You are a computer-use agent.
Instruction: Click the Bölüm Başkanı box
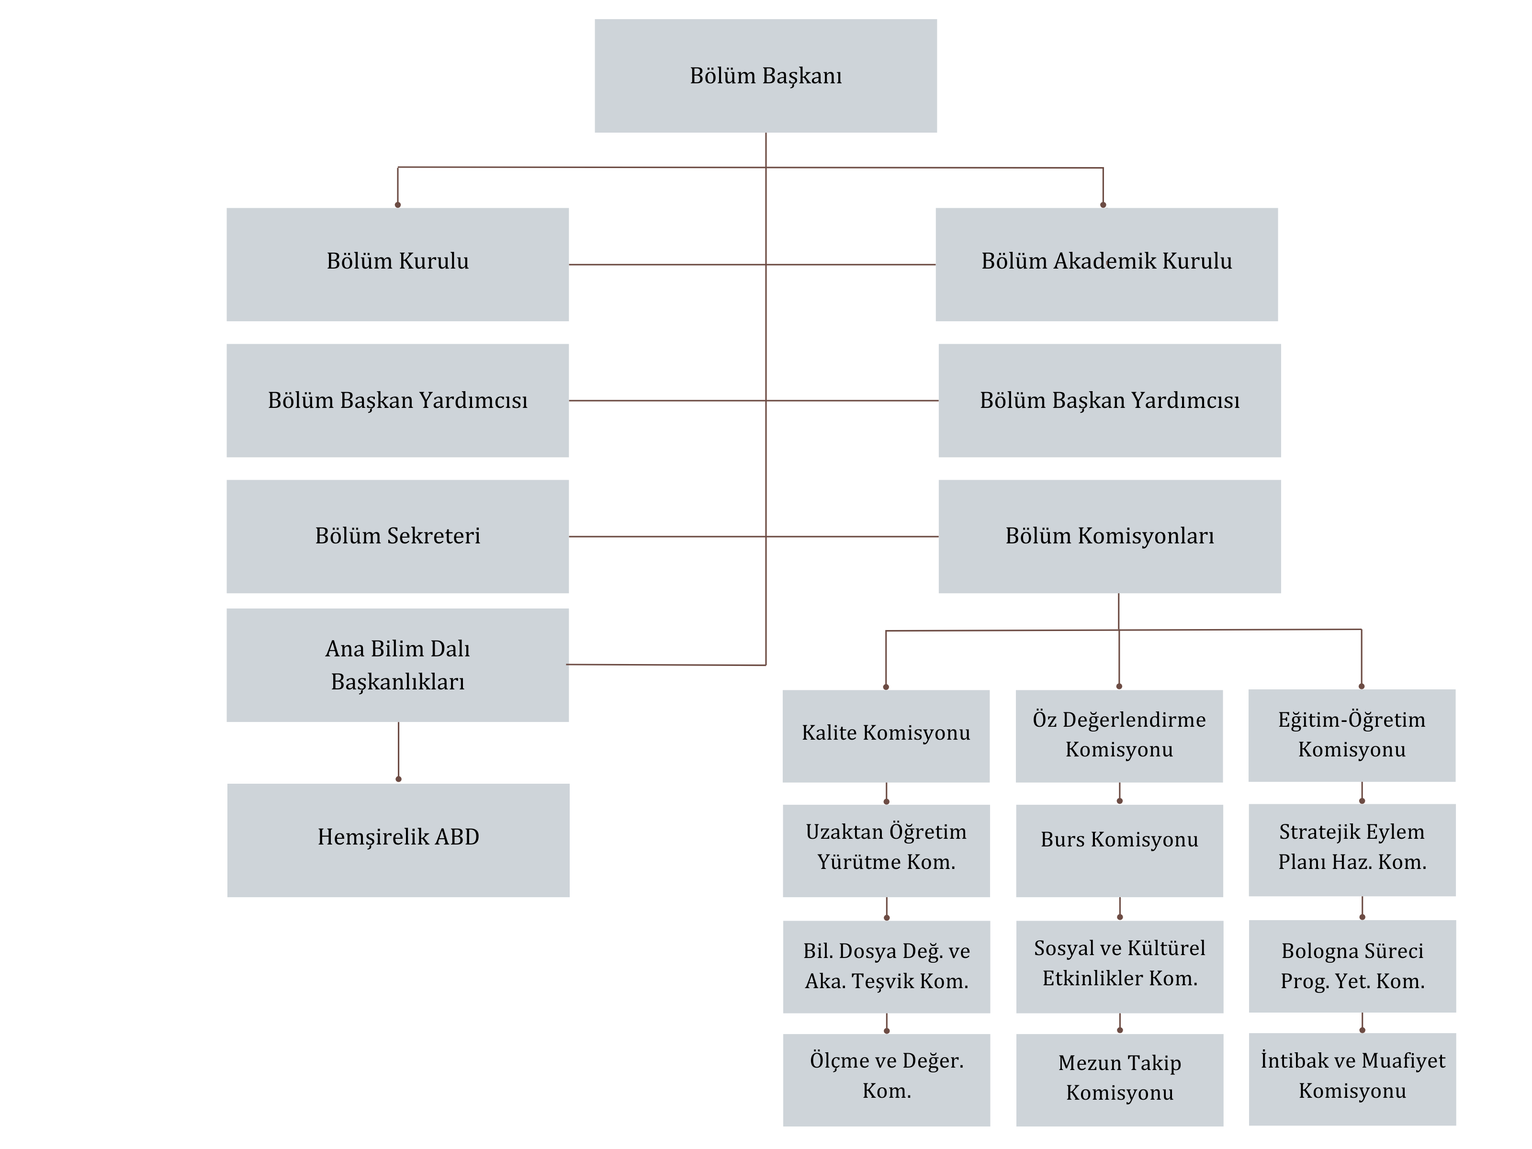pyautogui.click(x=766, y=76)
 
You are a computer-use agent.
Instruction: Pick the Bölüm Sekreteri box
pyautogui.click(x=397, y=536)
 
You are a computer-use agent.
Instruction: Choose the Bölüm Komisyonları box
pyautogui.click(x=1110, y=536)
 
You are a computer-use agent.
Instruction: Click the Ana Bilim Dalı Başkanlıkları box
pyautogui.click(x=397, y=665)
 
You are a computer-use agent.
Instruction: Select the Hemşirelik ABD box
pyautogui.click(x=398, y=840)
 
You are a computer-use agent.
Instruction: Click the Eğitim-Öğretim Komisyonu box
pyautogui.click(x=1352, y=735)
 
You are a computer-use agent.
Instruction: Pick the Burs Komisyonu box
pyautogui.click(x=1119, y=850)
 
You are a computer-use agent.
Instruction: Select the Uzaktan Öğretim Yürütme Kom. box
pyautogui.click(x=887, y=850)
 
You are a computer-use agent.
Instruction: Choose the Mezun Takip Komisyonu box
pyautogui.click(x=1120, y=1080)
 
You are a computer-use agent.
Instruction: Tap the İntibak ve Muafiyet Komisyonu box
pyautogui.click(x=1352, y=1079)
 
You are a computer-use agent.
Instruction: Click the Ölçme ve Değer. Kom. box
pyautogui.click(x=887, y=1080)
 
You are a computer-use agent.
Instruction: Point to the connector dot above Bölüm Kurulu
pyautogui.click(x=397, y=205)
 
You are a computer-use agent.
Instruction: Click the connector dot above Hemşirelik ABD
pyautogui.click(x=398, y=779)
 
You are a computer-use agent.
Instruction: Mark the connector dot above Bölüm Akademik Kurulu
pyautogui.click(x=1104, y=205)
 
